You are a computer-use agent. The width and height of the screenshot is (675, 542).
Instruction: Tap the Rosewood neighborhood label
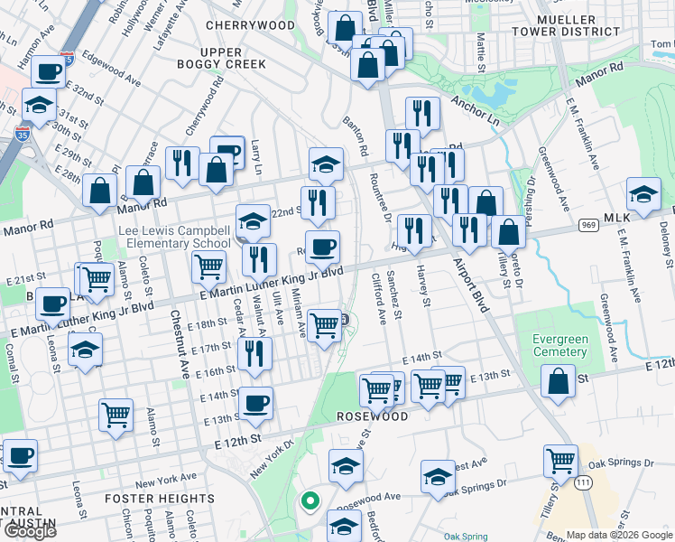(373, 416)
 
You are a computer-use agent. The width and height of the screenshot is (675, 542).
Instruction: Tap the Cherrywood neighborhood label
(238, 25)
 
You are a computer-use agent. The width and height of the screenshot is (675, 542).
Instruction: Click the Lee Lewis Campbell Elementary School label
(179, 237)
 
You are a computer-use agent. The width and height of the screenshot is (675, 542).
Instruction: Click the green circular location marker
(310, 500)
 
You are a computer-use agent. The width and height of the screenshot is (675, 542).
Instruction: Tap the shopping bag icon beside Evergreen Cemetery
(559, 382)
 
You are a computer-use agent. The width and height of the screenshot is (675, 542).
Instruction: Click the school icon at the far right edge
(643, 195)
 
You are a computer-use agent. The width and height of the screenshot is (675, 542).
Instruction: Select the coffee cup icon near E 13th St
(256, 403)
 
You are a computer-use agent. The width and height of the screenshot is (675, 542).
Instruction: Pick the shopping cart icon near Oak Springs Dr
(561, 462)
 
